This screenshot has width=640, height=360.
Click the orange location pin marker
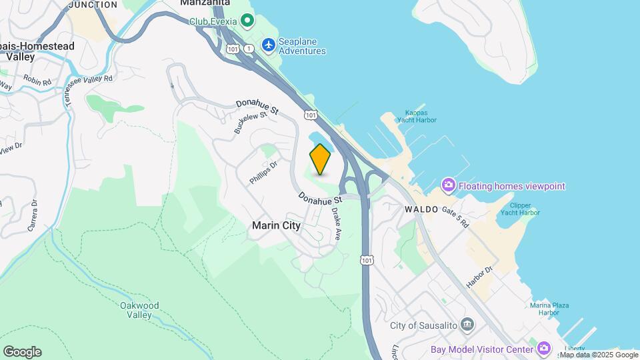coord(320,159)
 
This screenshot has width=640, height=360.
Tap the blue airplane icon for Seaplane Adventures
coord(268,45)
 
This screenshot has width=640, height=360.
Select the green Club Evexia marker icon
coord(247,21)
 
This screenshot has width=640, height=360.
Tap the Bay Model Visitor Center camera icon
coord(545,348)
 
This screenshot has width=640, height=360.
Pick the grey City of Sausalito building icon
coord(467,325)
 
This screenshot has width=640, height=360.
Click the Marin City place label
coord(276,225)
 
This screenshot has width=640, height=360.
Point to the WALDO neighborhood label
coord(421,209)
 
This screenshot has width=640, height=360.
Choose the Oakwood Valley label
coord(139,310)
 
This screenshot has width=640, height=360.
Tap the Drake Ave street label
coord(337,225)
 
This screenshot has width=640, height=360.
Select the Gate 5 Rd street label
coord(455,216)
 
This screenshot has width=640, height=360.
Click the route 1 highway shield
coord(248,49)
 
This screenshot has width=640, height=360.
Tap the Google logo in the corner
coord(22,352)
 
